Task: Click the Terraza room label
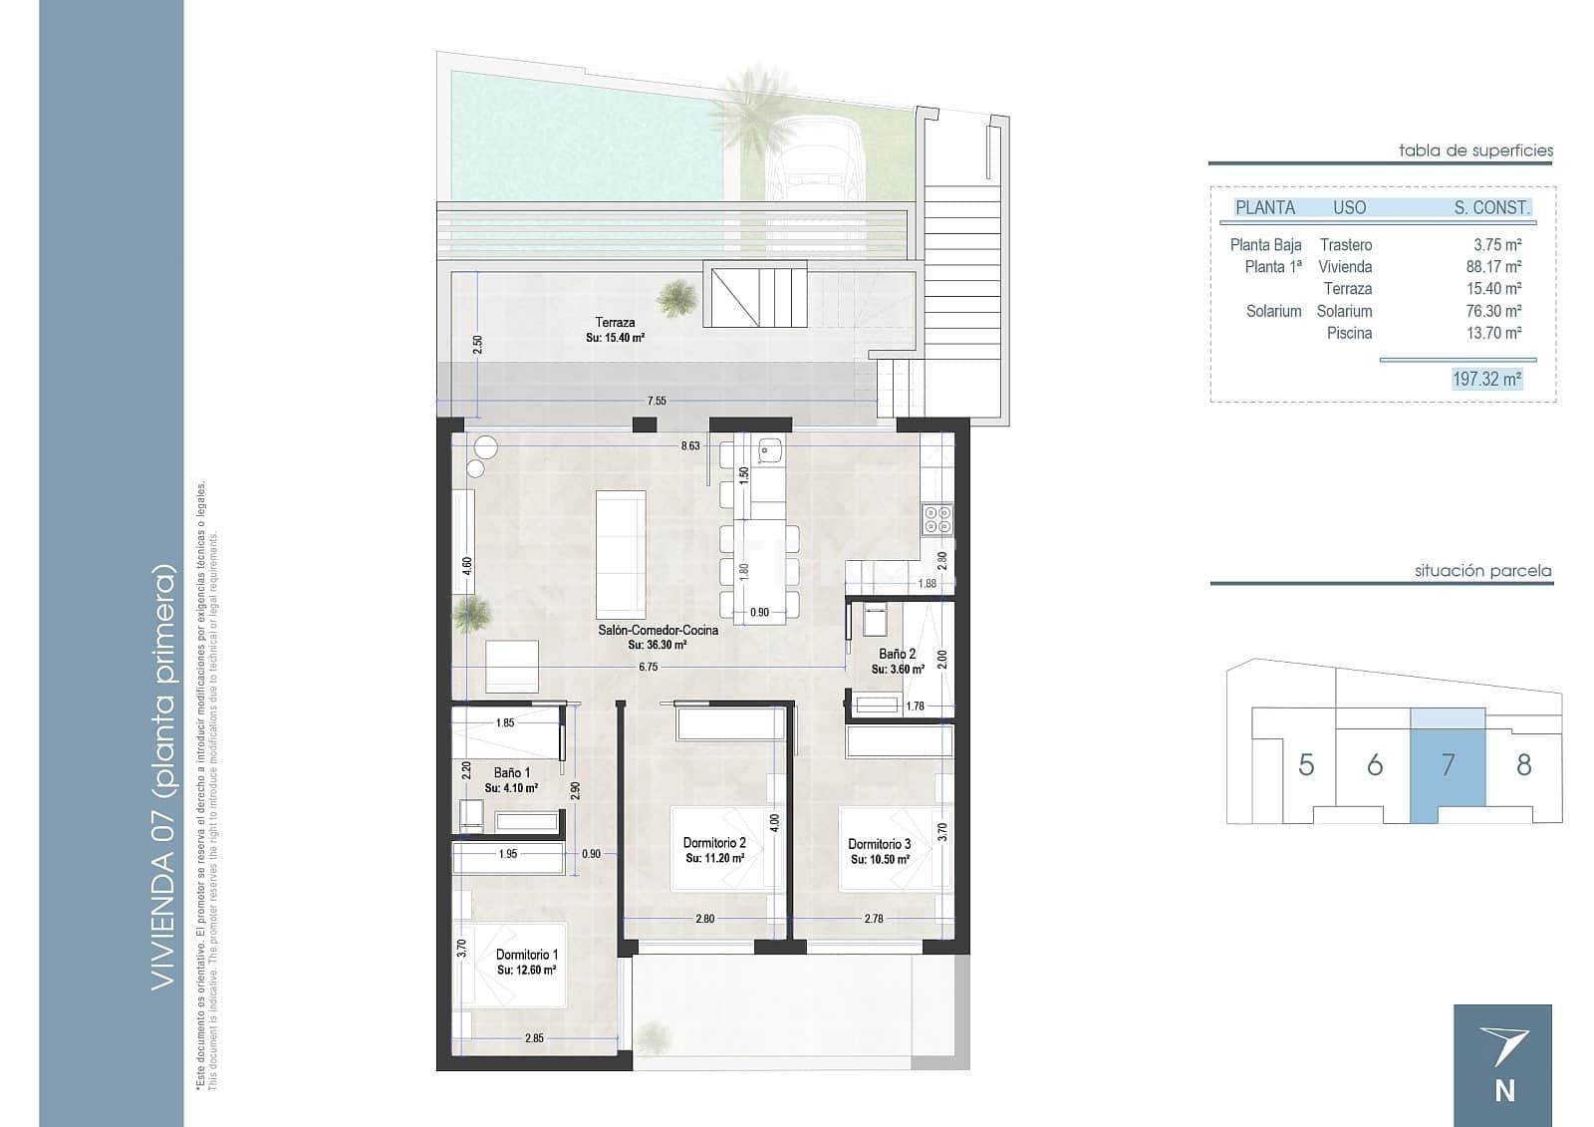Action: (x=615, y=322)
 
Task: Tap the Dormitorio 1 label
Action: (x=527, y=955)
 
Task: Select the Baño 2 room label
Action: (x=897, y=655)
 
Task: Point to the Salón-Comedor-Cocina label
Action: (x=658, y=630)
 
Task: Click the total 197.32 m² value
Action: (x=1486, y=379)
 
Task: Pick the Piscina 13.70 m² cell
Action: (x=1493, y=333)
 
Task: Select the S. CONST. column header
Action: (x=1491, y=208)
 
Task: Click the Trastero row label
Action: (x=1345, y=244)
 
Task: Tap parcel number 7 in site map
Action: (x=1448, y=765)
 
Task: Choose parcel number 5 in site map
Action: (x=1306, y=765)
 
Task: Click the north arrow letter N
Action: (x=1504, y=1091)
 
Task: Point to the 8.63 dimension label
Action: (x=690, y=446)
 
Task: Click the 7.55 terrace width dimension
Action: (x=657, y=401)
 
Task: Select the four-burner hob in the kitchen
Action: (x=937, y=519)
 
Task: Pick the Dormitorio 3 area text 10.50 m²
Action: (x=880, y=859)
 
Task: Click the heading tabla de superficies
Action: (x=1475, y=150)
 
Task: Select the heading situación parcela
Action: (x=1482, y=571)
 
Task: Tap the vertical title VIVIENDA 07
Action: (x=163, y=777)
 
